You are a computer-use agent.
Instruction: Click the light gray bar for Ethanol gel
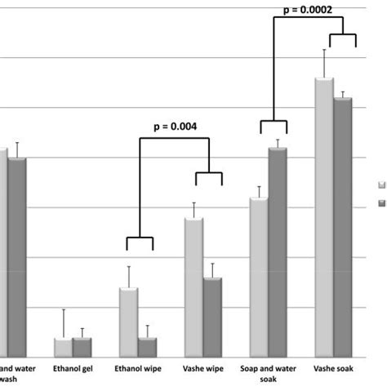point(63,347)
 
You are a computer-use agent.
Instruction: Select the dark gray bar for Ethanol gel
point(82,347)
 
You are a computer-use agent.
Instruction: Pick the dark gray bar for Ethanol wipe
point(147,347)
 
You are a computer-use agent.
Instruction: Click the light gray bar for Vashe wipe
point(193,287)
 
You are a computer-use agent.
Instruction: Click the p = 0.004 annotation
point(175,127)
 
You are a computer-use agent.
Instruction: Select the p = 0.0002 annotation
point(307,10)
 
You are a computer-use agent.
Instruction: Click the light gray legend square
point(380,185)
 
